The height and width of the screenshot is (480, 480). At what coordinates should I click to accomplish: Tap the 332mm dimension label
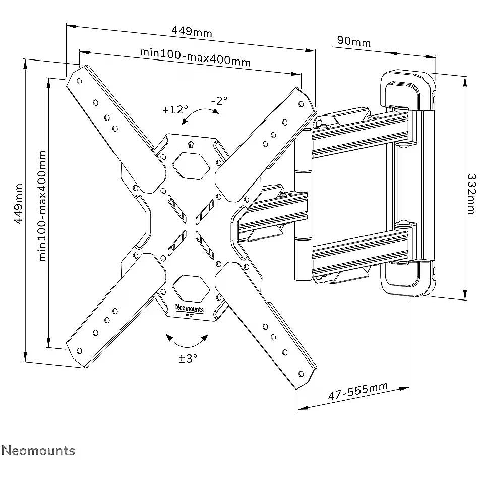(x=471, y=194)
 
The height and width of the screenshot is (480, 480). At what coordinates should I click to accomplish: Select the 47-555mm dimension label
(x=358, y=391)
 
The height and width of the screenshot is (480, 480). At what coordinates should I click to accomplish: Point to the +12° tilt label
(x=175, y=109)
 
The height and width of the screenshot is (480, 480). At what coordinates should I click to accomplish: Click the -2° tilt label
(x=219, y=100)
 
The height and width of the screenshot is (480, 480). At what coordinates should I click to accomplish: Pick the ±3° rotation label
(x=188, y=358)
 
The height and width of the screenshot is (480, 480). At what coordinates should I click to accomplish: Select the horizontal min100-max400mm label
(x=195, y=57)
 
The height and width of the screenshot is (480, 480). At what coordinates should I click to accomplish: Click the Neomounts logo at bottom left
(x=38, y=450)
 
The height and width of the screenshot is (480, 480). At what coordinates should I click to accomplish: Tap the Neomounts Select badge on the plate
(x=189, y=309)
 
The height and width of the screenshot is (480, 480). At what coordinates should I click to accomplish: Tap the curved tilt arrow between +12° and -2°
(x=200, y=115)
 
